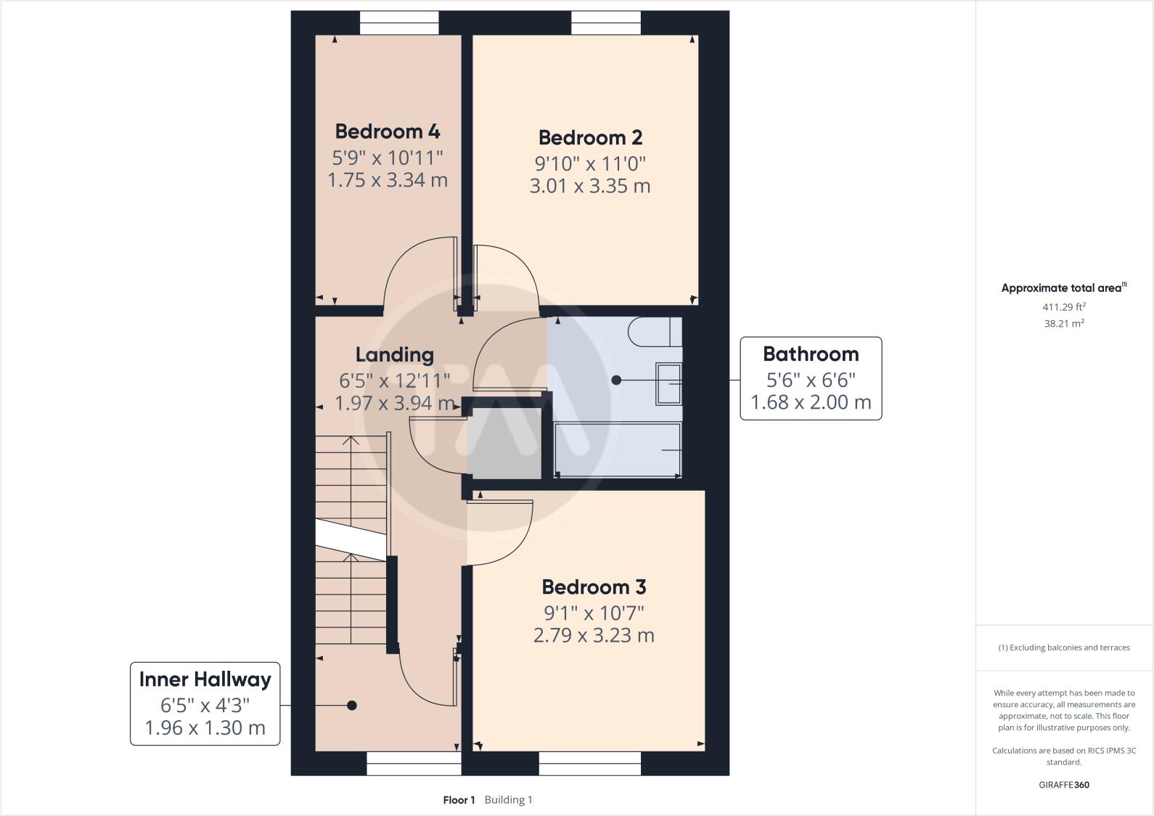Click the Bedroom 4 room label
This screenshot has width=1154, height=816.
tap(388, 131)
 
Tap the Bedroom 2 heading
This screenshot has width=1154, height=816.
tap(590, 138)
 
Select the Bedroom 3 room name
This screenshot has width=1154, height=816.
tap(594, 587)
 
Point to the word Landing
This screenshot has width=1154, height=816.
tap(395, 355)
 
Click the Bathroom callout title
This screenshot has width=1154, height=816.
tap(811, 354)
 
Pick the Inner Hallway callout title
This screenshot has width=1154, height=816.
tap(205, 680)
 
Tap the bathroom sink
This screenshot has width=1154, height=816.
tap(668, 383)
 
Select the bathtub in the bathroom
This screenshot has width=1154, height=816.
tap(618, 449)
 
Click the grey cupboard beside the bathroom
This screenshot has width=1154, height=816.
tap(504, 444)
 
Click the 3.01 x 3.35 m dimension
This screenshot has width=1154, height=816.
tap(590, 186)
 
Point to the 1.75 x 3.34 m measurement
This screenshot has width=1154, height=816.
tap(388, 180)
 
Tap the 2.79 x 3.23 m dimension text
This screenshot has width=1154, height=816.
tap(594, 635)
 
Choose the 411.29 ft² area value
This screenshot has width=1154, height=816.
tap(1064, 306)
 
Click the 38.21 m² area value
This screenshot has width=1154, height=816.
tap(1064, 323)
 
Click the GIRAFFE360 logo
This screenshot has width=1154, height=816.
tap(1064, 785)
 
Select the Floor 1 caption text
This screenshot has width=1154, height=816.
tap(459, 799)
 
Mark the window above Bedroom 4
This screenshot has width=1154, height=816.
tap(399, 23)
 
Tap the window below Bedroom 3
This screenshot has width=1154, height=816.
tap(590, 763)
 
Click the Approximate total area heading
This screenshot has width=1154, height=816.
tap(1064, 287)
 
